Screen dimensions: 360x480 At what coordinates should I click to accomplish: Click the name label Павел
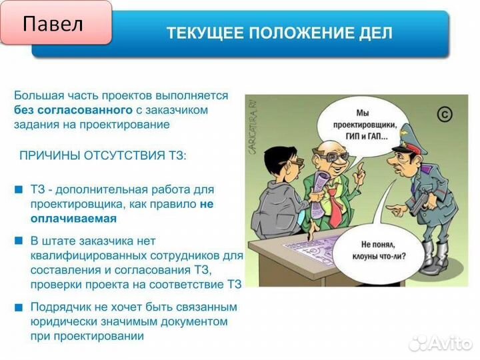[53, 25]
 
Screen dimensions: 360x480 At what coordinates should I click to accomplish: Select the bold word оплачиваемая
[73, 218]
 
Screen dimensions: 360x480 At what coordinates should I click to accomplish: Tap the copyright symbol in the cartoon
[444, 115]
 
